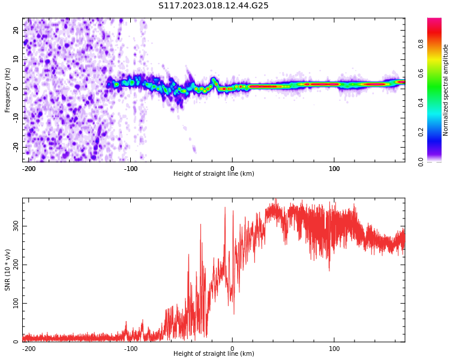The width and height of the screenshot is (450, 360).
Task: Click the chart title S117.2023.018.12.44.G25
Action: coord(213,6)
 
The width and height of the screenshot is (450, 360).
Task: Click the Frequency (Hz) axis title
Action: coord(8,90)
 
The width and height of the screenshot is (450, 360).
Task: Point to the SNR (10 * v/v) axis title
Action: coord(8,270)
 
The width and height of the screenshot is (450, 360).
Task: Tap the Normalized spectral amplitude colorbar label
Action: coord(446,90)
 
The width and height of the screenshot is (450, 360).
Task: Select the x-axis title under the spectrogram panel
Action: coord(214,174)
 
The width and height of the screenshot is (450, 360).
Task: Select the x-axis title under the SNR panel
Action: coord(214,354)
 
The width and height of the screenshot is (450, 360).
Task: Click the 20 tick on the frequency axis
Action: coord(16,30)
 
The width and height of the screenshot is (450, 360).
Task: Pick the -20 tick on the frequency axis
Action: coord(16,146)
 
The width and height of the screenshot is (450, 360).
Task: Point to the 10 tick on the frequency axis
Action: coord(16,59)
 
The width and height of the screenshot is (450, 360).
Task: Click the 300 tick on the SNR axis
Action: coord(16,226)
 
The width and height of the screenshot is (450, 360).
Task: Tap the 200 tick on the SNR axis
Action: coord(16,265)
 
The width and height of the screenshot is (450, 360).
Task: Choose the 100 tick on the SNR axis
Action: coord(16,303)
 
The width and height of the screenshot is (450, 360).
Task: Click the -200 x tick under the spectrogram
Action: coord(29,169)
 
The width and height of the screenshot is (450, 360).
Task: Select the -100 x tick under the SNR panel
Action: coord(131,349)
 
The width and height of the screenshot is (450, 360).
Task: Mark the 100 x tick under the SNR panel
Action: coord(334,349)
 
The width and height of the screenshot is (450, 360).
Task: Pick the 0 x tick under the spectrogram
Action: coord(232,169)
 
